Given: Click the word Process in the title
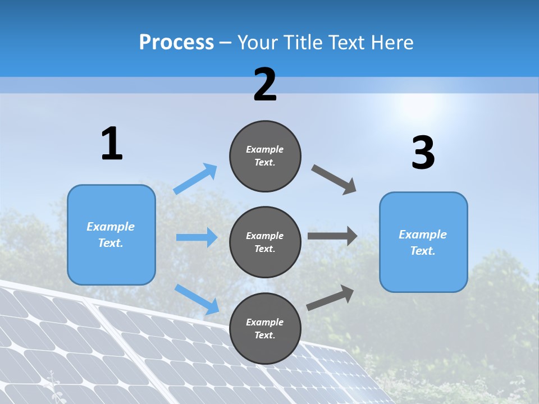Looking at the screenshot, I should point(176,43).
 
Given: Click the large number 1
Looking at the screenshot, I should point(112,144).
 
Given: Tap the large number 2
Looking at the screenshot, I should point(265,85).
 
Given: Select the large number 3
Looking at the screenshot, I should point(423,153).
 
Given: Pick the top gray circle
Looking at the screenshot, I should point(265,156).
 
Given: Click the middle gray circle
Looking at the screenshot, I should point(265,242).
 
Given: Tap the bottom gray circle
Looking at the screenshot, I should point(265,329).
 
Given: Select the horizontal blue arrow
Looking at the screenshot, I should point(197,237).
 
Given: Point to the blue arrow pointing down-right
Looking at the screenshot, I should point(197,299).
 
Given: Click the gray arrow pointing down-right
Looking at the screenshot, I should point(334,180).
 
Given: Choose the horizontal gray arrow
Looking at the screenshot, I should point(332,236).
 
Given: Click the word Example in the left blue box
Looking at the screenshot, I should point(111,227).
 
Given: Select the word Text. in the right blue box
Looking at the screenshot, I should point(423,251).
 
